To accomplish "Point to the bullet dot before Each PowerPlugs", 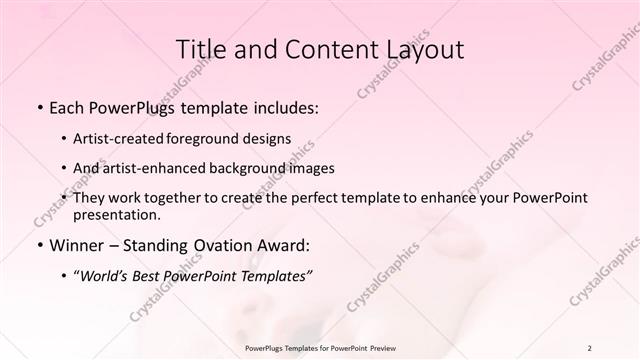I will [x=38, y=105].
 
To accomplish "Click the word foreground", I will [x=215, y=138].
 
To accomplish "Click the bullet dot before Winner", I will [x=38, y=244].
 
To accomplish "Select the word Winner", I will [x=78, y=244].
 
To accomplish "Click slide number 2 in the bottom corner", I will [x=590, y=347].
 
